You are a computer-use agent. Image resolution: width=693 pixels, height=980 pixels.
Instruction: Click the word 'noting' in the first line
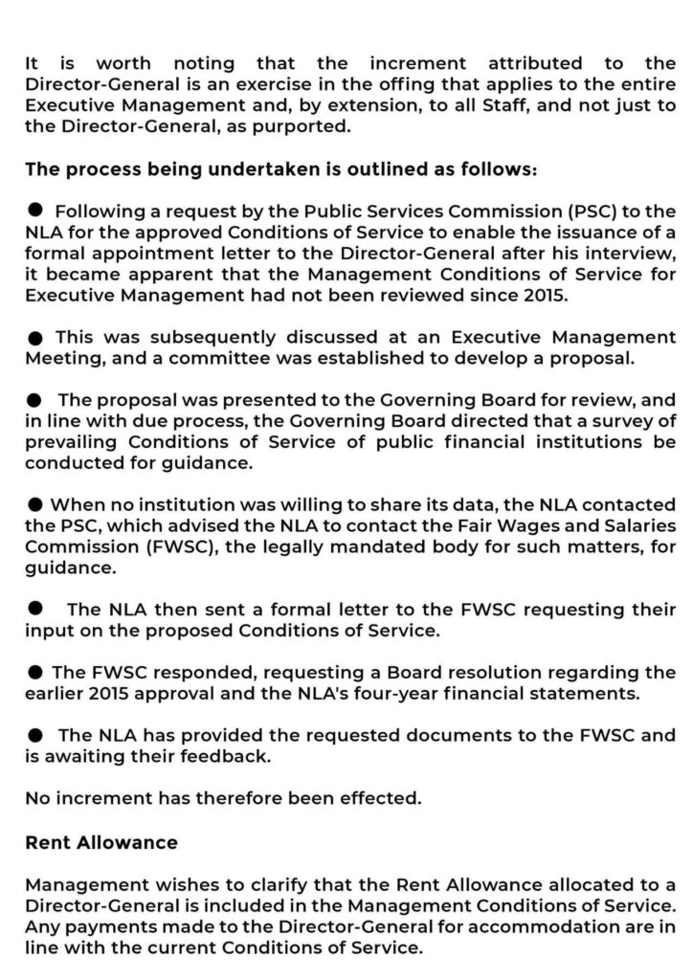[x=204, y=63]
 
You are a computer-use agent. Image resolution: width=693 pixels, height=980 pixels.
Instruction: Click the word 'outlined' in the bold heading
[x=359, y=168]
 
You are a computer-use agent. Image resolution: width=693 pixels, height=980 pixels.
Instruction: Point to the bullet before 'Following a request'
[x=35, y=209]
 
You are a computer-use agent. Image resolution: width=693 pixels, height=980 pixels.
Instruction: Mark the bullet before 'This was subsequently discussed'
[x=35, y=338]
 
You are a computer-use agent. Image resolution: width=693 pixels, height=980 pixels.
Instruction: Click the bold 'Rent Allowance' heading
[x=101, y=842]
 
